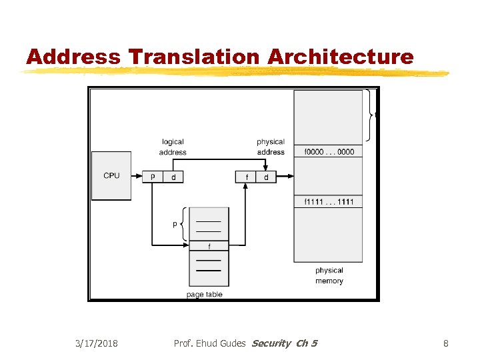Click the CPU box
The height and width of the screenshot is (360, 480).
[x=111, y=175]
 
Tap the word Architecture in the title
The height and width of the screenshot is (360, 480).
[x=340, y=57]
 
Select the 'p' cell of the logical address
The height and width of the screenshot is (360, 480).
[x=153, y=177]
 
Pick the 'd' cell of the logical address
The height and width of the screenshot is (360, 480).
[x=173, y=177]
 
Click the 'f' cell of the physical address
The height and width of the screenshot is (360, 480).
[x=247, y=177]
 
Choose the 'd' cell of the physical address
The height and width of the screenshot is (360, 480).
[x=266, y=177]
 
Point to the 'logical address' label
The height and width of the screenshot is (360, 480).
[x=173, y=147]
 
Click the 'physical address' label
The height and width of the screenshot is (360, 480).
[x=270, y=147]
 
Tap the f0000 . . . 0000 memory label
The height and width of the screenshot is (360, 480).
[x=329, y=152]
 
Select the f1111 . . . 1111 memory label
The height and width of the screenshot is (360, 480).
[x=329, y=202]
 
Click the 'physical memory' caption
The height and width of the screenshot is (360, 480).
[x=329, y=275]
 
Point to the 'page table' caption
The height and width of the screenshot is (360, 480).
[x=205, y=295]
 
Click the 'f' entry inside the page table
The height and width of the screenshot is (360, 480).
[x=209, y=246]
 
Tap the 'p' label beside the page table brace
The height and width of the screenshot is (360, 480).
[x=175, y=224]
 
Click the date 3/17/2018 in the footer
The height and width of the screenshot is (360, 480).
[x=96, y=343]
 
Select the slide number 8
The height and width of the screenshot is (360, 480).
[x=446, y=343]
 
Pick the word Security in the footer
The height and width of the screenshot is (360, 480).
[x=271, y=343]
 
